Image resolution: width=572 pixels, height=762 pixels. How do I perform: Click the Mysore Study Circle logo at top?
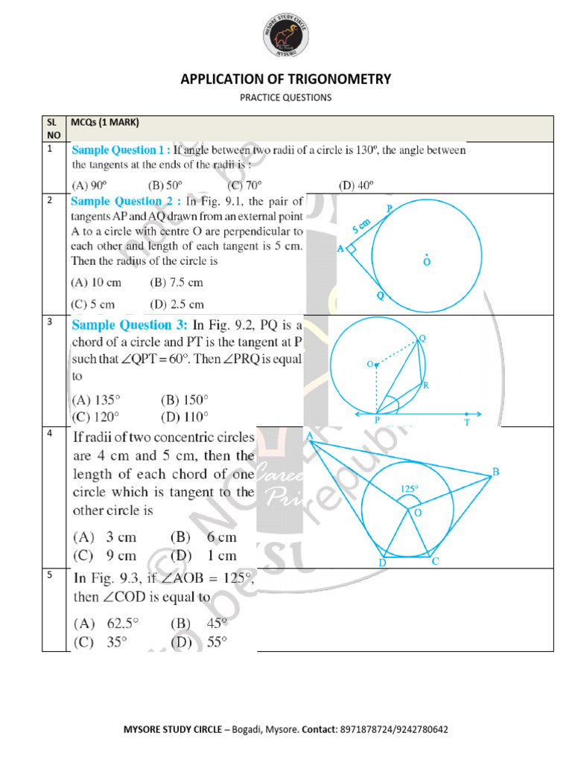(x=286, y=34)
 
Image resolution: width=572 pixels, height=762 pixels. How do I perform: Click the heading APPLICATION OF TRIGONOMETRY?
(x=286, y=80)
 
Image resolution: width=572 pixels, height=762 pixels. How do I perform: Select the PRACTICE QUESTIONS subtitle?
(x=286, y=97)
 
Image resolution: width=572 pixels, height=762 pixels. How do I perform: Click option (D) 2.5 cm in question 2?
(x=177, y=304)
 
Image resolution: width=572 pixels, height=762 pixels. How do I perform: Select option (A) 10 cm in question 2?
(x=96, y=283)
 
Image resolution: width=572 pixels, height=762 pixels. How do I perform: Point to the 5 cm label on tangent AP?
(x=362, y=226)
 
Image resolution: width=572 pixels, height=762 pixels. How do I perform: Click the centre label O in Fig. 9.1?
(x=427, y=262)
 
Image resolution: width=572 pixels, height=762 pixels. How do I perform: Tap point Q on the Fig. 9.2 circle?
(x=422, y=339)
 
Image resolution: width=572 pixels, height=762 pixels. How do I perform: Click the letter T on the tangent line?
(x=467, y=422)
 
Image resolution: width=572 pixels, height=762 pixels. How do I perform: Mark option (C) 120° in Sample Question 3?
(x=95, y=417)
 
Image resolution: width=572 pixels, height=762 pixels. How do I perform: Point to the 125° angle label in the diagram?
(x=410, y=489)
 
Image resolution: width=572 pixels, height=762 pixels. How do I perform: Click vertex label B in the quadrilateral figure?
(x=495, y=472)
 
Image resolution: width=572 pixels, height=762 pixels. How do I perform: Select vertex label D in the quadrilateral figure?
(x=381, y=563)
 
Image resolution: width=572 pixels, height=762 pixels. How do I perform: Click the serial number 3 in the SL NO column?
(x=49, y=322)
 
